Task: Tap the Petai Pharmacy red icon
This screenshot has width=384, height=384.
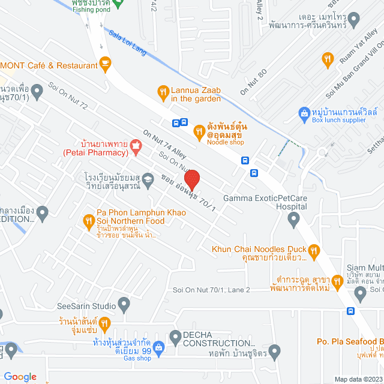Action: [x=136, y=145]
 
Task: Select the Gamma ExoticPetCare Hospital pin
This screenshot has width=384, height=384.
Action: [x=293, y=220]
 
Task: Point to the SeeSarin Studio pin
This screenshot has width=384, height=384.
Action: [x=124, y=305]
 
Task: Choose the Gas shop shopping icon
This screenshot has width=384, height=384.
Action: [x=159, y=347]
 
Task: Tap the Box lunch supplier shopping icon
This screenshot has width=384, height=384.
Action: [x=305, y=112]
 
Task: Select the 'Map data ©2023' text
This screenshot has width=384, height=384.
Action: [x=358, y=379]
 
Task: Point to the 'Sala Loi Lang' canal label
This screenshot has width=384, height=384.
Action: [x=127, y=44]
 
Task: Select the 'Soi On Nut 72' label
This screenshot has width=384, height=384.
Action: [x=68, y=96]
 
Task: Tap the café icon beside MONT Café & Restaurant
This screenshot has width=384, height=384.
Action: [x=106, y=62]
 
